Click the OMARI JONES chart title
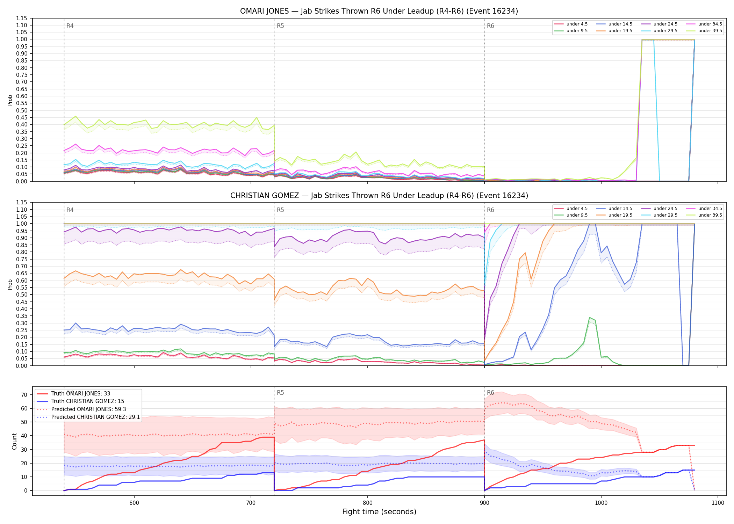click(379, 11)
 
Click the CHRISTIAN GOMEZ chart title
click(379, 196)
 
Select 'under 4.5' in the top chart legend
click(577, 24)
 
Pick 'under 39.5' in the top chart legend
click(710, 31)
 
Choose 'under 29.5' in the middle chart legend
click(665, 215)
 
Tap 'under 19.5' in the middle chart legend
click(620, 215)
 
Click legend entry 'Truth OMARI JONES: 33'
click(81, 394)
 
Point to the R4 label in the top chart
click(70, 26)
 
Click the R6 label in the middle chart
click(490, 210)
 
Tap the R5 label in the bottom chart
click(280, 393)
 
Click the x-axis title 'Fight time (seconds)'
click(379, 512)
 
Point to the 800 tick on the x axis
click(367, 503)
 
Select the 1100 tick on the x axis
click(718, 503)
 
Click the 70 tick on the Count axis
click(24, 395)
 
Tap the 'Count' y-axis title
click(14, 442)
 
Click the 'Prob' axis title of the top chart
click(10, 100)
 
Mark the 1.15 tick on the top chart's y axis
click(22, 18)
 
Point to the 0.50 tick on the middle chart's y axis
click(22, 295)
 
